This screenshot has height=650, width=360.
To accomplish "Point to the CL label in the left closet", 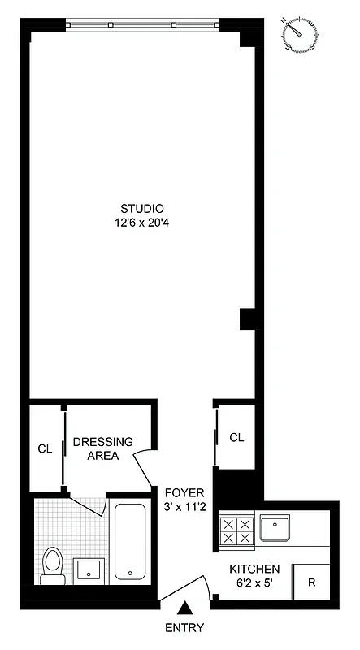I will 46,448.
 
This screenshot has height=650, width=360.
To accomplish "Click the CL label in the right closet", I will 236,437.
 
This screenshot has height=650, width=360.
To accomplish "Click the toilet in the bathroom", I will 54,565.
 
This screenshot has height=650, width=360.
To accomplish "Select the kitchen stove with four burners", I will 236,531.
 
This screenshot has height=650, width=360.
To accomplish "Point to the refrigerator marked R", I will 311,582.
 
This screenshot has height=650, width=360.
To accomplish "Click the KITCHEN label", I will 254,570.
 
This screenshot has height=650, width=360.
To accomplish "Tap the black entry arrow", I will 185,607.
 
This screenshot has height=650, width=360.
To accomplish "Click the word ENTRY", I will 184,628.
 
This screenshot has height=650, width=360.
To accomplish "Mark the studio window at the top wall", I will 143,24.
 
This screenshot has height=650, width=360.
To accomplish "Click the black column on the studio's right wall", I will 247,319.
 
